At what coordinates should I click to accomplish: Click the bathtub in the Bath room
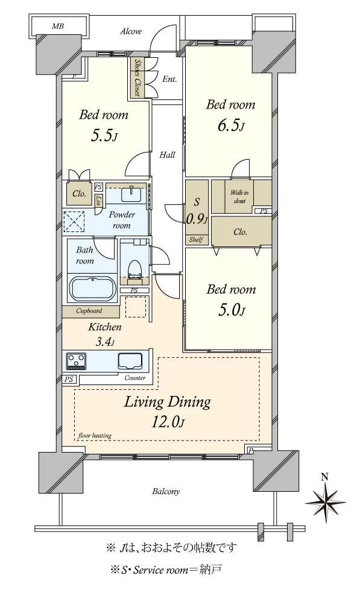[x=92, y=288]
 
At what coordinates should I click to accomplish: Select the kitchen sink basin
[x=130, y=361]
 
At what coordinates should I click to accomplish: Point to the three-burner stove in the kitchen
[x=76, y=361]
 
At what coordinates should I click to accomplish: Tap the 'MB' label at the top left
[x=58, y=26]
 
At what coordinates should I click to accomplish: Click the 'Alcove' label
[x=131, y=31]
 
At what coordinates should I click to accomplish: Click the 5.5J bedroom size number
[x=103, y=136]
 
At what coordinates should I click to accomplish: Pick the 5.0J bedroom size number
[x=231, y=310]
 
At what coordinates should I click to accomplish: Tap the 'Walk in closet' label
[x=239, y=196]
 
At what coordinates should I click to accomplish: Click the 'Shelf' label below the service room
[x=196, y=239]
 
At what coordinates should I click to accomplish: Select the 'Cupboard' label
[x=89, y=311]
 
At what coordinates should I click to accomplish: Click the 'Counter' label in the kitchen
[x=134, y=378]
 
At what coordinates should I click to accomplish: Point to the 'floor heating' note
[x=95, y=435]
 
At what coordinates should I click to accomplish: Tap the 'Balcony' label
[x=166, y=492]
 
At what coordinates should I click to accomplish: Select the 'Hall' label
[x=167, y=155]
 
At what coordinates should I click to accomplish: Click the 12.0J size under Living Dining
[x=168, y=422]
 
